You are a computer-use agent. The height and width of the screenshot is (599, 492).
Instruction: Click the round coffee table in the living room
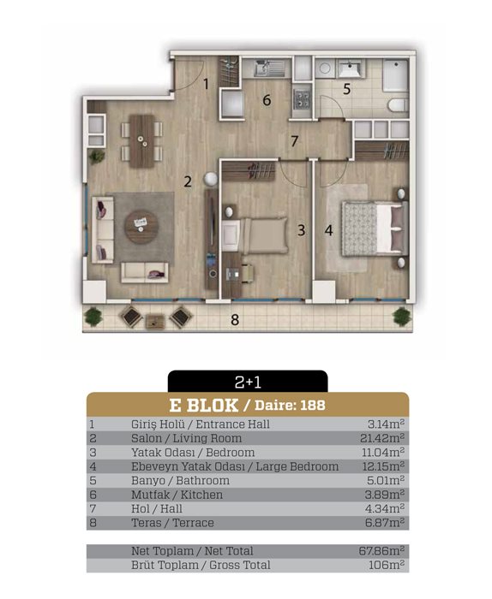point(141,227)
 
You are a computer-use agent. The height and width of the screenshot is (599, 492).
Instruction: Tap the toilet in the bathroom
point(398,105)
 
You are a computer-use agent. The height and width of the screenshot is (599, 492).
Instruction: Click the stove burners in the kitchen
point(302,98)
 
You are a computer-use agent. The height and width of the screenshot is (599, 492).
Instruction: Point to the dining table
point(142,141)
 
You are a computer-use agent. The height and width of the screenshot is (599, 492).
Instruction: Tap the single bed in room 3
point(255,235)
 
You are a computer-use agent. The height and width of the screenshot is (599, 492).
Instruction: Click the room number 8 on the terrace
point(235,319)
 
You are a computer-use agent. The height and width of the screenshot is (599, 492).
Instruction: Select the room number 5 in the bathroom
point(346,89)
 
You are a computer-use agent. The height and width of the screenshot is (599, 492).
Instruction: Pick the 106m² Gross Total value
point(387,565)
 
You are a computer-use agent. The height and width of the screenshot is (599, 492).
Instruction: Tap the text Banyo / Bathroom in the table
point(180,481)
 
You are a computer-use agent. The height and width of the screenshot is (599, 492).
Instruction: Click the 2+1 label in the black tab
point(248,382)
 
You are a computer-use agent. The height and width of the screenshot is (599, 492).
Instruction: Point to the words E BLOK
point(203,406)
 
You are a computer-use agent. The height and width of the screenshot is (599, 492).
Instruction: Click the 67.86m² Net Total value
point(381,551)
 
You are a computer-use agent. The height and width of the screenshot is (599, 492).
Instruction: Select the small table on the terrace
point(155,321)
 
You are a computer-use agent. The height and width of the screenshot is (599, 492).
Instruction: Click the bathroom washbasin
point(349,68)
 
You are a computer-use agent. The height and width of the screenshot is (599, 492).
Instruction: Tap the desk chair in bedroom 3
point(248,273)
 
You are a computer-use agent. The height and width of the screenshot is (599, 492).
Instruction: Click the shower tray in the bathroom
point(396,75)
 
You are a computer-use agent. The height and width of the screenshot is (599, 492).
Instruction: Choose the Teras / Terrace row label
point(172,523)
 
